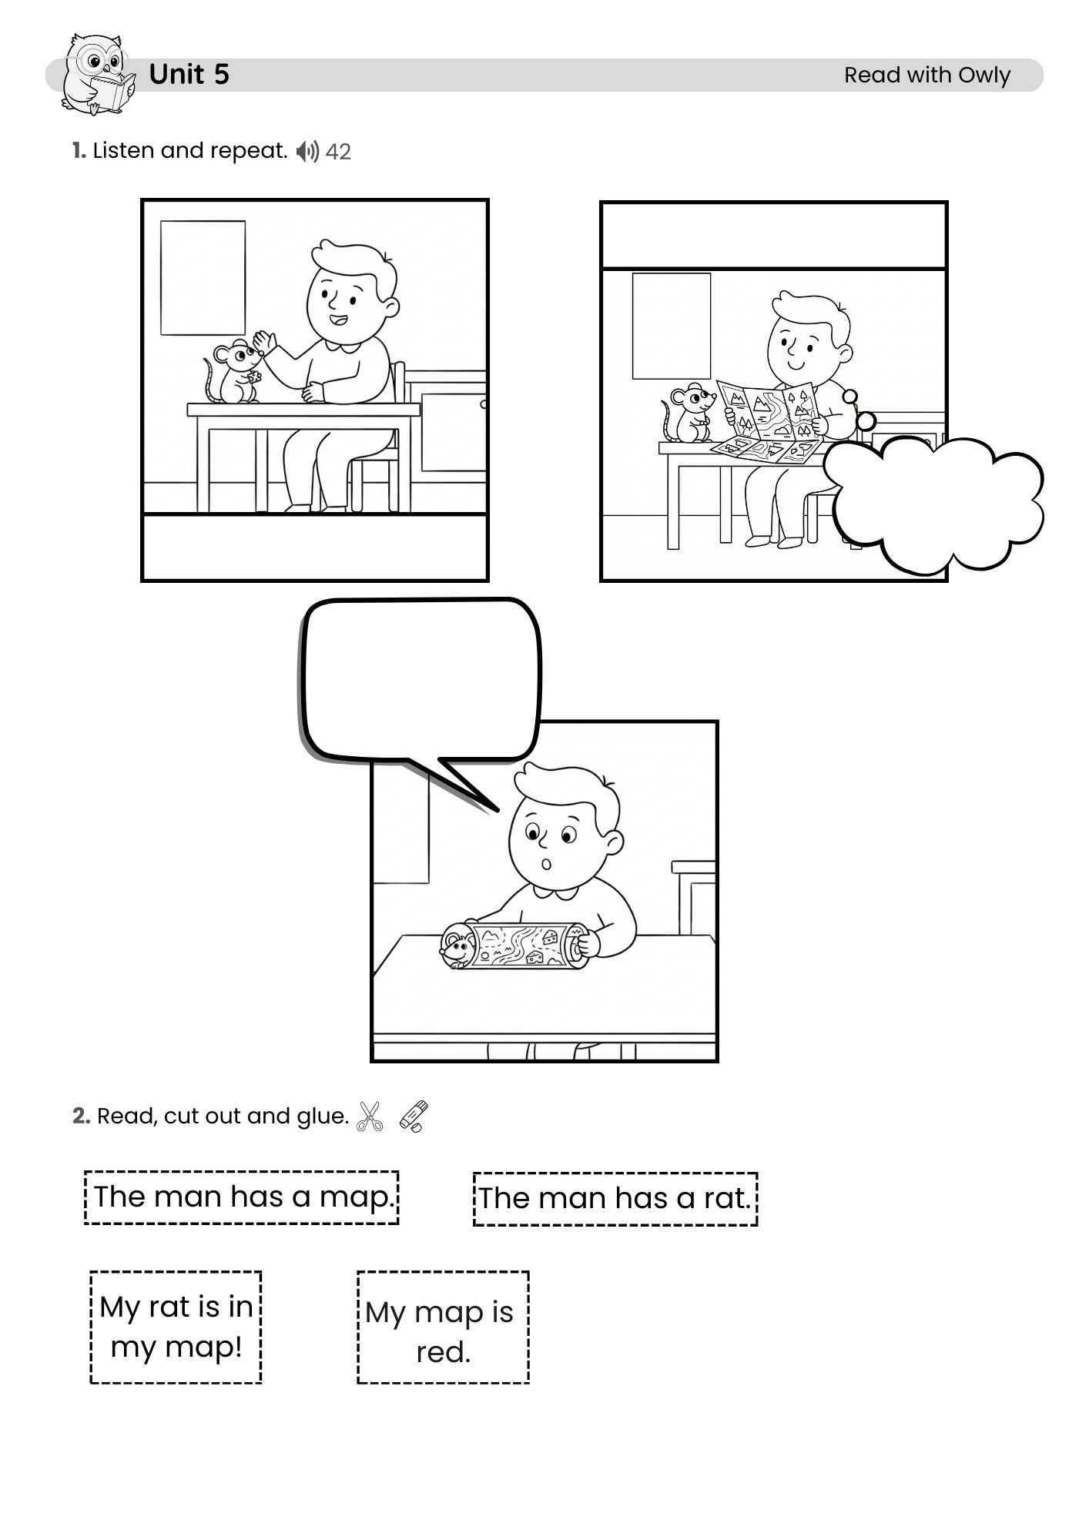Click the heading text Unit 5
click(189, 75)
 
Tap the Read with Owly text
click(927, 75)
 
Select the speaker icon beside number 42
click(307, 151)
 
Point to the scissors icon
click(370, 1116)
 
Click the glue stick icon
click(414, 1116)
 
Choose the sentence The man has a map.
click(242, 1197)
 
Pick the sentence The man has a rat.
click(615, 1199)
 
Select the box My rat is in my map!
click(176, 1327)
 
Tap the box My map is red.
click(443, 1327)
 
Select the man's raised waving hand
click(263, 341)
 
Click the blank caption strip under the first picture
click(315, 547)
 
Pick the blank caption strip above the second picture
click(774, 236)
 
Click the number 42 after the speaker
click(338, 152)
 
